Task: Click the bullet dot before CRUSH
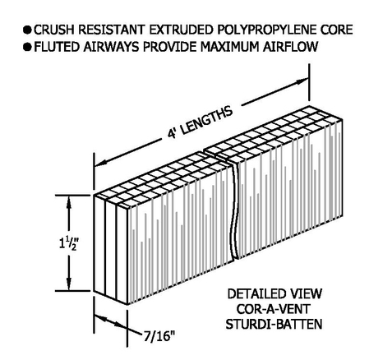[x=27, y=30]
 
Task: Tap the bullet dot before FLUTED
[x=27, y=47]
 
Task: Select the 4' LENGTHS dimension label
[x=200, y=122]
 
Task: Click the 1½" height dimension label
[x=69, y=242]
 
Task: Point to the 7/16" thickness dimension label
[x=159, y=336]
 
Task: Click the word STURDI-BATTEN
[x=274, y=324]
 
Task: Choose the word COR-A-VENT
[x=273, y=309]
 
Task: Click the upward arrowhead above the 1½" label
[x=69, y=204]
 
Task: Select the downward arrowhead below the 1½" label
[x=69, y=282]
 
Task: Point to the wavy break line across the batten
[x=233, y=211]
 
